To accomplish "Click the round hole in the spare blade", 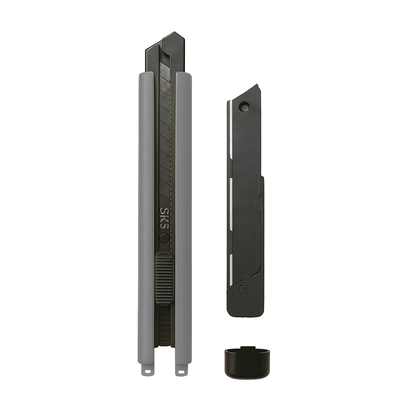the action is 244,107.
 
